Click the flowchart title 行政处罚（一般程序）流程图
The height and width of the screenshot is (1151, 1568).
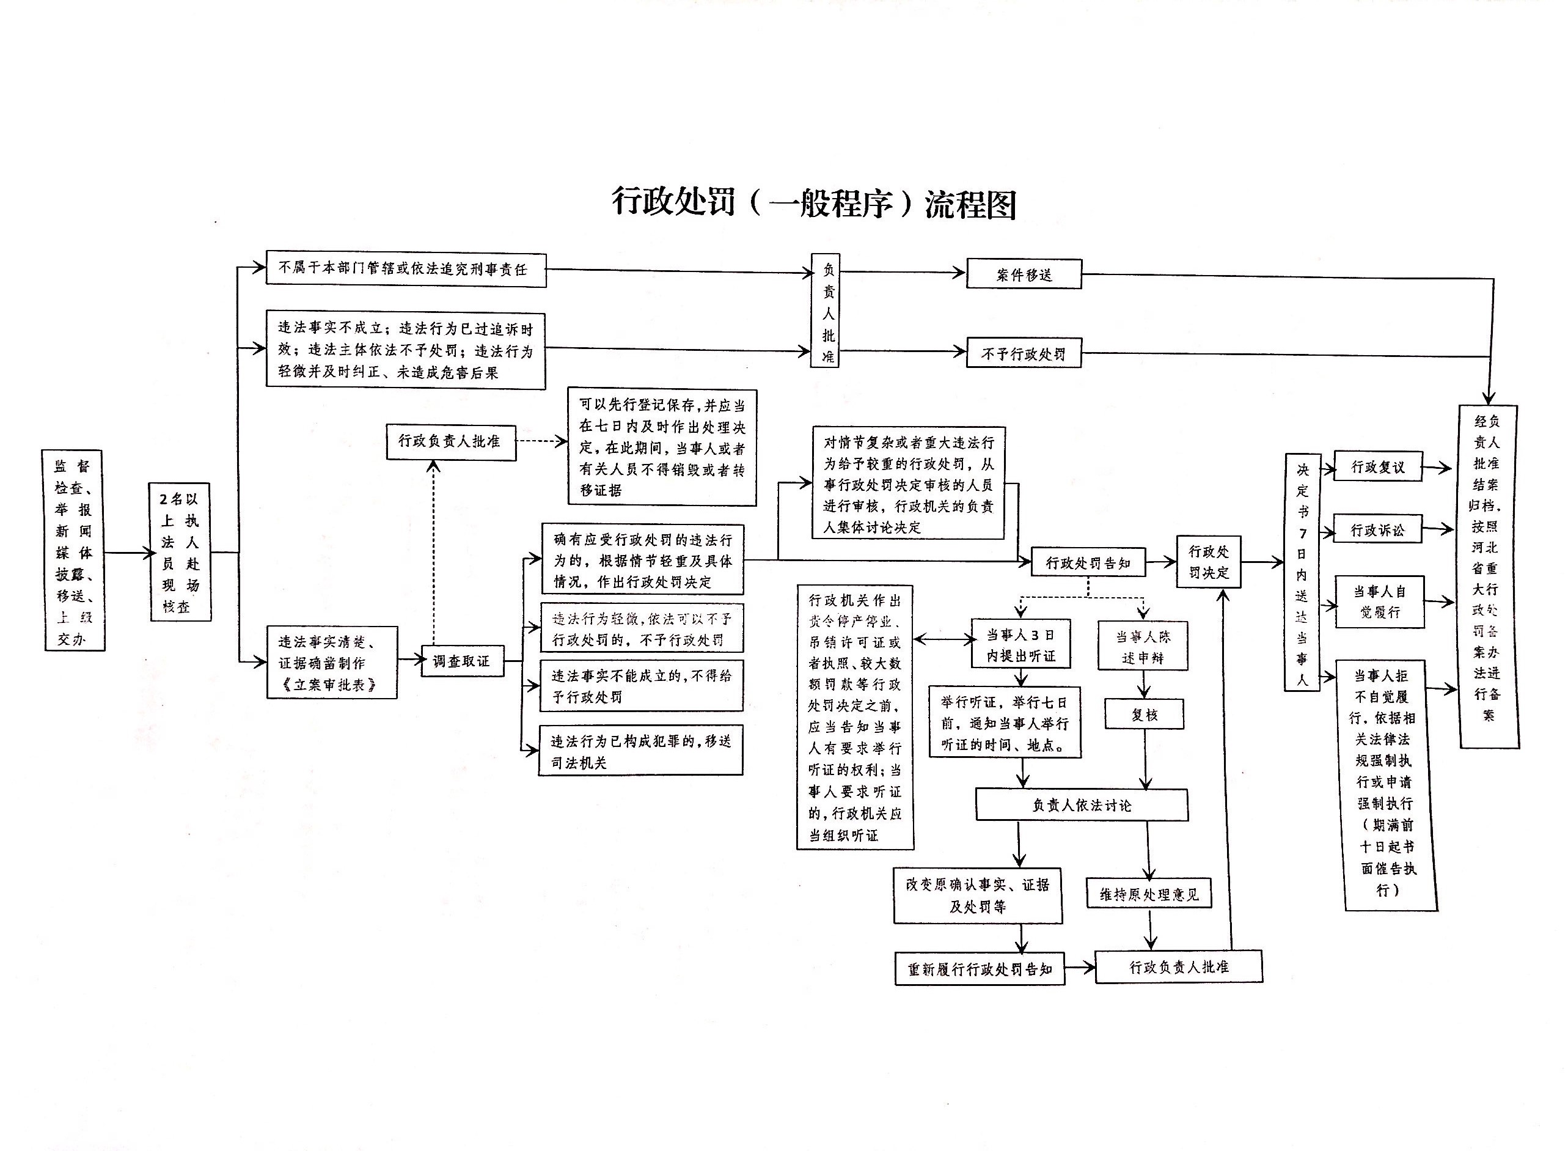tap(813, 203)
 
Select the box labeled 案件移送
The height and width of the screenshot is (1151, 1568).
tap(1024, 274)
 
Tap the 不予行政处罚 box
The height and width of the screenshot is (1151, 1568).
tap(1024, 354)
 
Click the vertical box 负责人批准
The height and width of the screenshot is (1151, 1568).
tap(826, 311)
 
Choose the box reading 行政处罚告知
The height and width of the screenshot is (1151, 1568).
tap(1087, 562)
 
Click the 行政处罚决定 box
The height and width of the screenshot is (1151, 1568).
tap(1208, 562)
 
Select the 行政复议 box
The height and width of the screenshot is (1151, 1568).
tap(1377, 467)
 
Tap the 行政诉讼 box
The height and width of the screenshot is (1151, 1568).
tap(1377, 530)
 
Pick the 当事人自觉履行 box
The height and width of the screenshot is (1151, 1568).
tap(1379, 601)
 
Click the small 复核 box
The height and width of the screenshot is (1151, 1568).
tap(1144, 715)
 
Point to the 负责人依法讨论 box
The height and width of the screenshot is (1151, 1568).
tap(1081, 806)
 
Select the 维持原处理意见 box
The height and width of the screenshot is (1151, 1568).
tap(1149, 894)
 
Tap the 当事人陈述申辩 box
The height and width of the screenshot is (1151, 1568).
tap(1142, 646)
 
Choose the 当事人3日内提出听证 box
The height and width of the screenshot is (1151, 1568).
tap(1020, 644)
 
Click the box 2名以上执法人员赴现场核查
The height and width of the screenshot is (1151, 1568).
tap(180, 552)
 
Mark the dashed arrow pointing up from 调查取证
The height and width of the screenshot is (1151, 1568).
tap(433, 550)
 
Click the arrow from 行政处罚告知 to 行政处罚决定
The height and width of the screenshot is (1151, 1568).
tap(1160, 562)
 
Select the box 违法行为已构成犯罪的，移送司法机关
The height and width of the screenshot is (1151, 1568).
tap(641, 751)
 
